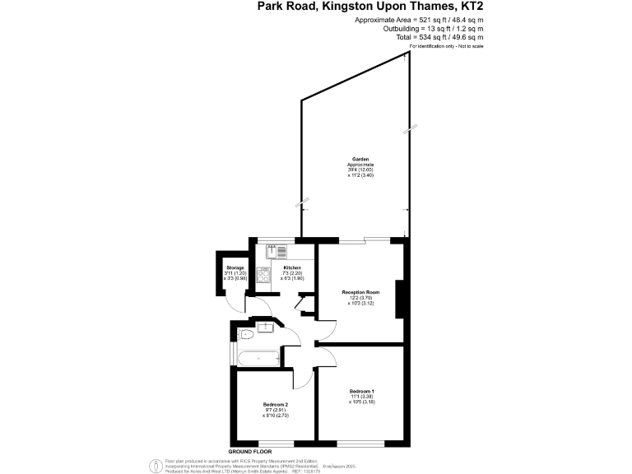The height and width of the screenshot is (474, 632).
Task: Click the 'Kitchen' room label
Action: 292,268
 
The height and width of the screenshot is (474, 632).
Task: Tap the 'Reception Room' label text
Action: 360,292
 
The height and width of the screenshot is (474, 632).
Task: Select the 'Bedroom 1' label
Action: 362,390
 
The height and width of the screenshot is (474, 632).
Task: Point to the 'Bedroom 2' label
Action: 276,405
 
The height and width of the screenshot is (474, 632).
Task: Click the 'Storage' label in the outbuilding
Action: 235,267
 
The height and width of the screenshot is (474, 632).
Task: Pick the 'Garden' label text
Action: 360,159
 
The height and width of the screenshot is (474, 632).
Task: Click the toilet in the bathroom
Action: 244,334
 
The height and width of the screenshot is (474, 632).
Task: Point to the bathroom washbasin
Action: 265,328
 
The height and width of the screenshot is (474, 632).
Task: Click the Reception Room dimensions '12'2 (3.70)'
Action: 360,298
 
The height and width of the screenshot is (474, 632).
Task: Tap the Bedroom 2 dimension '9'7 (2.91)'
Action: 276,411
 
